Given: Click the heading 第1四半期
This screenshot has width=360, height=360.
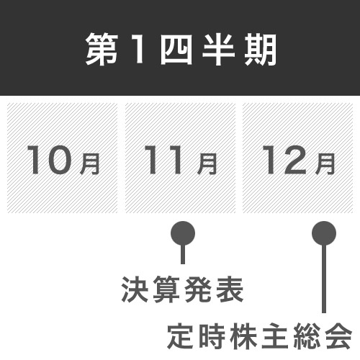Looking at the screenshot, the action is pos(181,50).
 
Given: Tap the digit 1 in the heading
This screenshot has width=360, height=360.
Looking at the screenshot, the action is pos(138,50).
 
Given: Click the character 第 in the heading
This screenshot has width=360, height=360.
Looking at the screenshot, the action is pos(102,50).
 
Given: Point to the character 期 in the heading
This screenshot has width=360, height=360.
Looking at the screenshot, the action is pos(261,50).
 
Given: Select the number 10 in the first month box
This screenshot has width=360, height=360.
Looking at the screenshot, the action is pos(50,160).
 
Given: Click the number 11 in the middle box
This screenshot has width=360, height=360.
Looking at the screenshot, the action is pos(163,160).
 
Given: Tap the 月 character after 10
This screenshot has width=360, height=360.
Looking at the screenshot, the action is pos(89,164).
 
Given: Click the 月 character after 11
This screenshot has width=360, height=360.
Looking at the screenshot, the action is pos(207,164).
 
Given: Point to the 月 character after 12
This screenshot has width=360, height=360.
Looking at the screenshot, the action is pos(325,164).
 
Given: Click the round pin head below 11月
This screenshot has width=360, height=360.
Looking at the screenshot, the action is pos(183,233).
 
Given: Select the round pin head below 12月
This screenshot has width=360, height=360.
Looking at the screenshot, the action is pos(324,233).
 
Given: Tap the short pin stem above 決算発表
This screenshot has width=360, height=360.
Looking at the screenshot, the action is pos(183,254).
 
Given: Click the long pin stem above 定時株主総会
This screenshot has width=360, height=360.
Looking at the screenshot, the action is pos(324,279).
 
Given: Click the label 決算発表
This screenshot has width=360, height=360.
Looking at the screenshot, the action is pos(183,289).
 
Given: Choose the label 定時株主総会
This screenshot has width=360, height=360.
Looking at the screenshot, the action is pos(260,336).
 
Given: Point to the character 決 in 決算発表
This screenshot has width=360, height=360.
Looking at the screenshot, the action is pos(135,289).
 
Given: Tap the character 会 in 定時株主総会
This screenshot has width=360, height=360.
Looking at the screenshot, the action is pos(339,336).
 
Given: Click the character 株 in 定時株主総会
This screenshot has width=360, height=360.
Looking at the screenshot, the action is pos(244,336).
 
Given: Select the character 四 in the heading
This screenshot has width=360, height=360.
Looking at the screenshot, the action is pos(176,50).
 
